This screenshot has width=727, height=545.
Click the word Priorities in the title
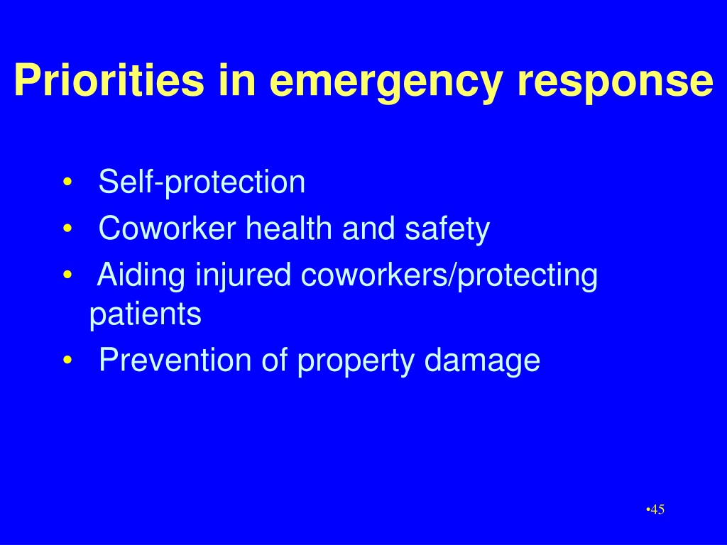click(x=109, y=79)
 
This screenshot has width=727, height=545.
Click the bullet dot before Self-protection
click(x=67, y=182)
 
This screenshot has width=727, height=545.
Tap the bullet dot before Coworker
click(x=67, y=229)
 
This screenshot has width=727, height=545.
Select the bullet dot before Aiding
click(x=67, y=275)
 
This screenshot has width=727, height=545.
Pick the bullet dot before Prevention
click(x=67, y=360)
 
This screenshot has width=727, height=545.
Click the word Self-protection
click(x=202, y=182)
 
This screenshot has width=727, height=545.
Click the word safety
click(x=447, y=229)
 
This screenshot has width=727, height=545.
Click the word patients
click(x=145, y=315)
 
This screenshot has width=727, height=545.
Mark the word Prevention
click(x=175, y=360)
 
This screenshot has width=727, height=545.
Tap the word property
click(x=356, y=361)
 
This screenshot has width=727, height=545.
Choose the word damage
click(x=482, y=361)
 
